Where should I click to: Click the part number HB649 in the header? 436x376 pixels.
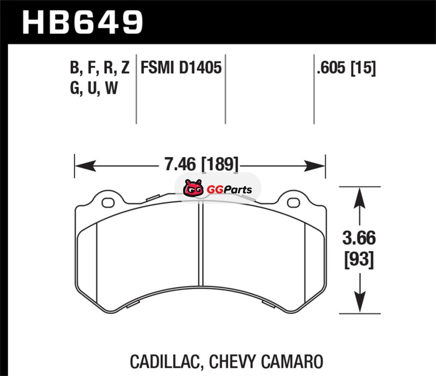pyautogui.click(x=83, y=22)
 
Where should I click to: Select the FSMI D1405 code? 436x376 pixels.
pyautogui.click(x=181, y=67)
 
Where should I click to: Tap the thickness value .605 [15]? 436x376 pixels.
pyautogui.click(x=346, y=68)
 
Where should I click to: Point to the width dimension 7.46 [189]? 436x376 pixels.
pyautogui.click(x=201, y=164)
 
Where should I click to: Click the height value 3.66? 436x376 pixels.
pyautogui.click(x=359, y=238)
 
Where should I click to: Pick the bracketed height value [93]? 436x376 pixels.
pyautogui.click(x=359, y=260)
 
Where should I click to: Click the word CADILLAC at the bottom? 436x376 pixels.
pyautogui.click(x=165, y=361)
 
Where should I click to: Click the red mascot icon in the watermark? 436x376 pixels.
pyautogui.click(x=193, y=188)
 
